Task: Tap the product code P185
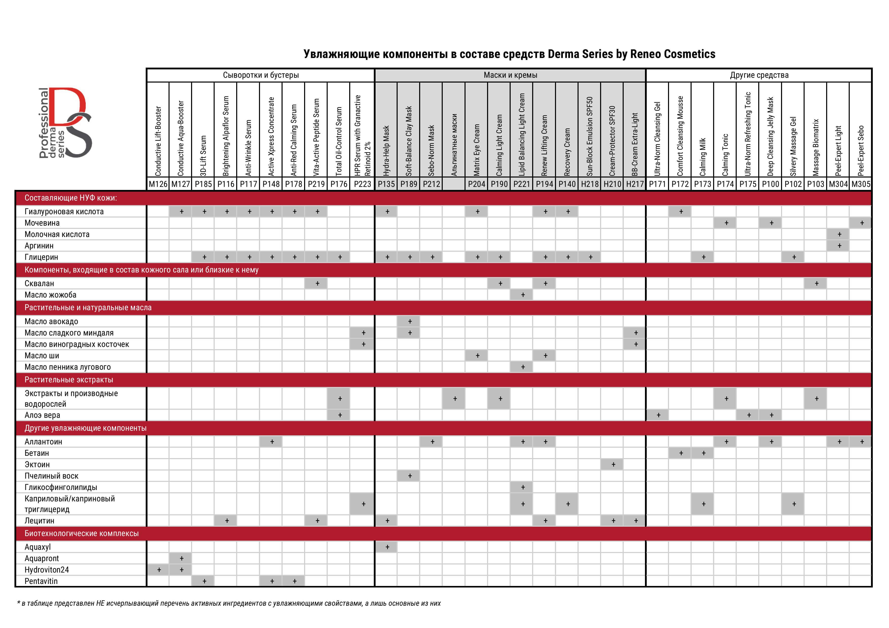203,184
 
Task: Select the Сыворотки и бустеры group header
261,75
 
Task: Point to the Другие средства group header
759,75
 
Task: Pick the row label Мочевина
42,223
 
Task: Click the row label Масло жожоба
50,295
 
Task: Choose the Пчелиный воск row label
51,476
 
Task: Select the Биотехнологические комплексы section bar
82,533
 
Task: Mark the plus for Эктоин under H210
613,464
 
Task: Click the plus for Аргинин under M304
839,246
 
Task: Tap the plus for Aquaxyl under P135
387,547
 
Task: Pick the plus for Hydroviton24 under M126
159,570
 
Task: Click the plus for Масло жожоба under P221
523,295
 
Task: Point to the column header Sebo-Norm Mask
431,150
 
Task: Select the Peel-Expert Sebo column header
861,150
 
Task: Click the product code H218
590,184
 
